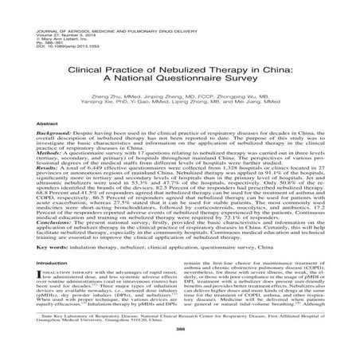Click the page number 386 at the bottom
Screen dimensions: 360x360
pyautogui.click(x=179, y=350)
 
